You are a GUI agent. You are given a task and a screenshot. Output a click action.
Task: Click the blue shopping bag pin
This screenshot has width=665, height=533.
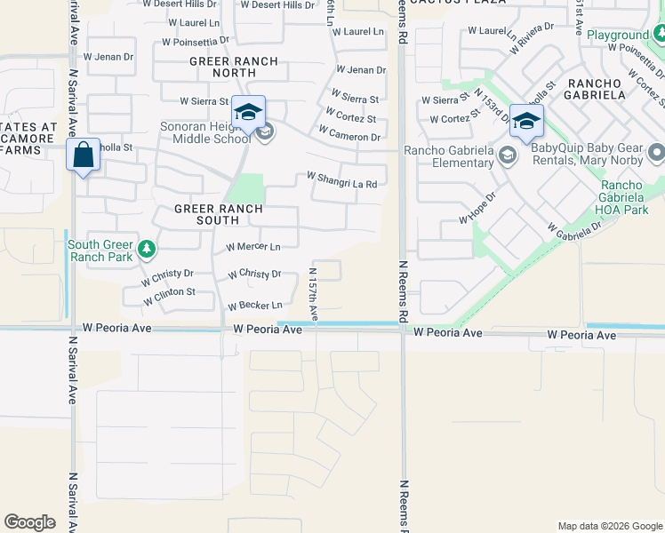pos(83,155)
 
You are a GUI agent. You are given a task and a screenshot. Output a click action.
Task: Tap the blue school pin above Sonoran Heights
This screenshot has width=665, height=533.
pos(249,112)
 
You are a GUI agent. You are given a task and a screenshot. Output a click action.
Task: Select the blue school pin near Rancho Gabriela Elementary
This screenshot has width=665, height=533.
pos(526,122)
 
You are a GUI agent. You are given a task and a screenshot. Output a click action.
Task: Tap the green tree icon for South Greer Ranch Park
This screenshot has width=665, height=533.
pos(146,251)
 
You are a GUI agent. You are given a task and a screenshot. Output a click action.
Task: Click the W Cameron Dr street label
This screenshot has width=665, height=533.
pos(351,137)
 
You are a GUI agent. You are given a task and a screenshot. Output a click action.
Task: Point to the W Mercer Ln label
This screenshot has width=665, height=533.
pos(253,247)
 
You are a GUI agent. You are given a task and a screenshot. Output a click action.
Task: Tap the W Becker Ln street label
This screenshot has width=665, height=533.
pos(255,306)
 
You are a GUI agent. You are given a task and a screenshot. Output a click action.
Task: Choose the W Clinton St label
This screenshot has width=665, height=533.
pos(169,292)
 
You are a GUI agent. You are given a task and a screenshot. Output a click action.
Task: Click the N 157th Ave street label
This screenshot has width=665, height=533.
pos(313,294)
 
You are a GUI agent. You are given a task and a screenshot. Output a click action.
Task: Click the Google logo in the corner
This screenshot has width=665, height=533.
pos(29,522)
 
